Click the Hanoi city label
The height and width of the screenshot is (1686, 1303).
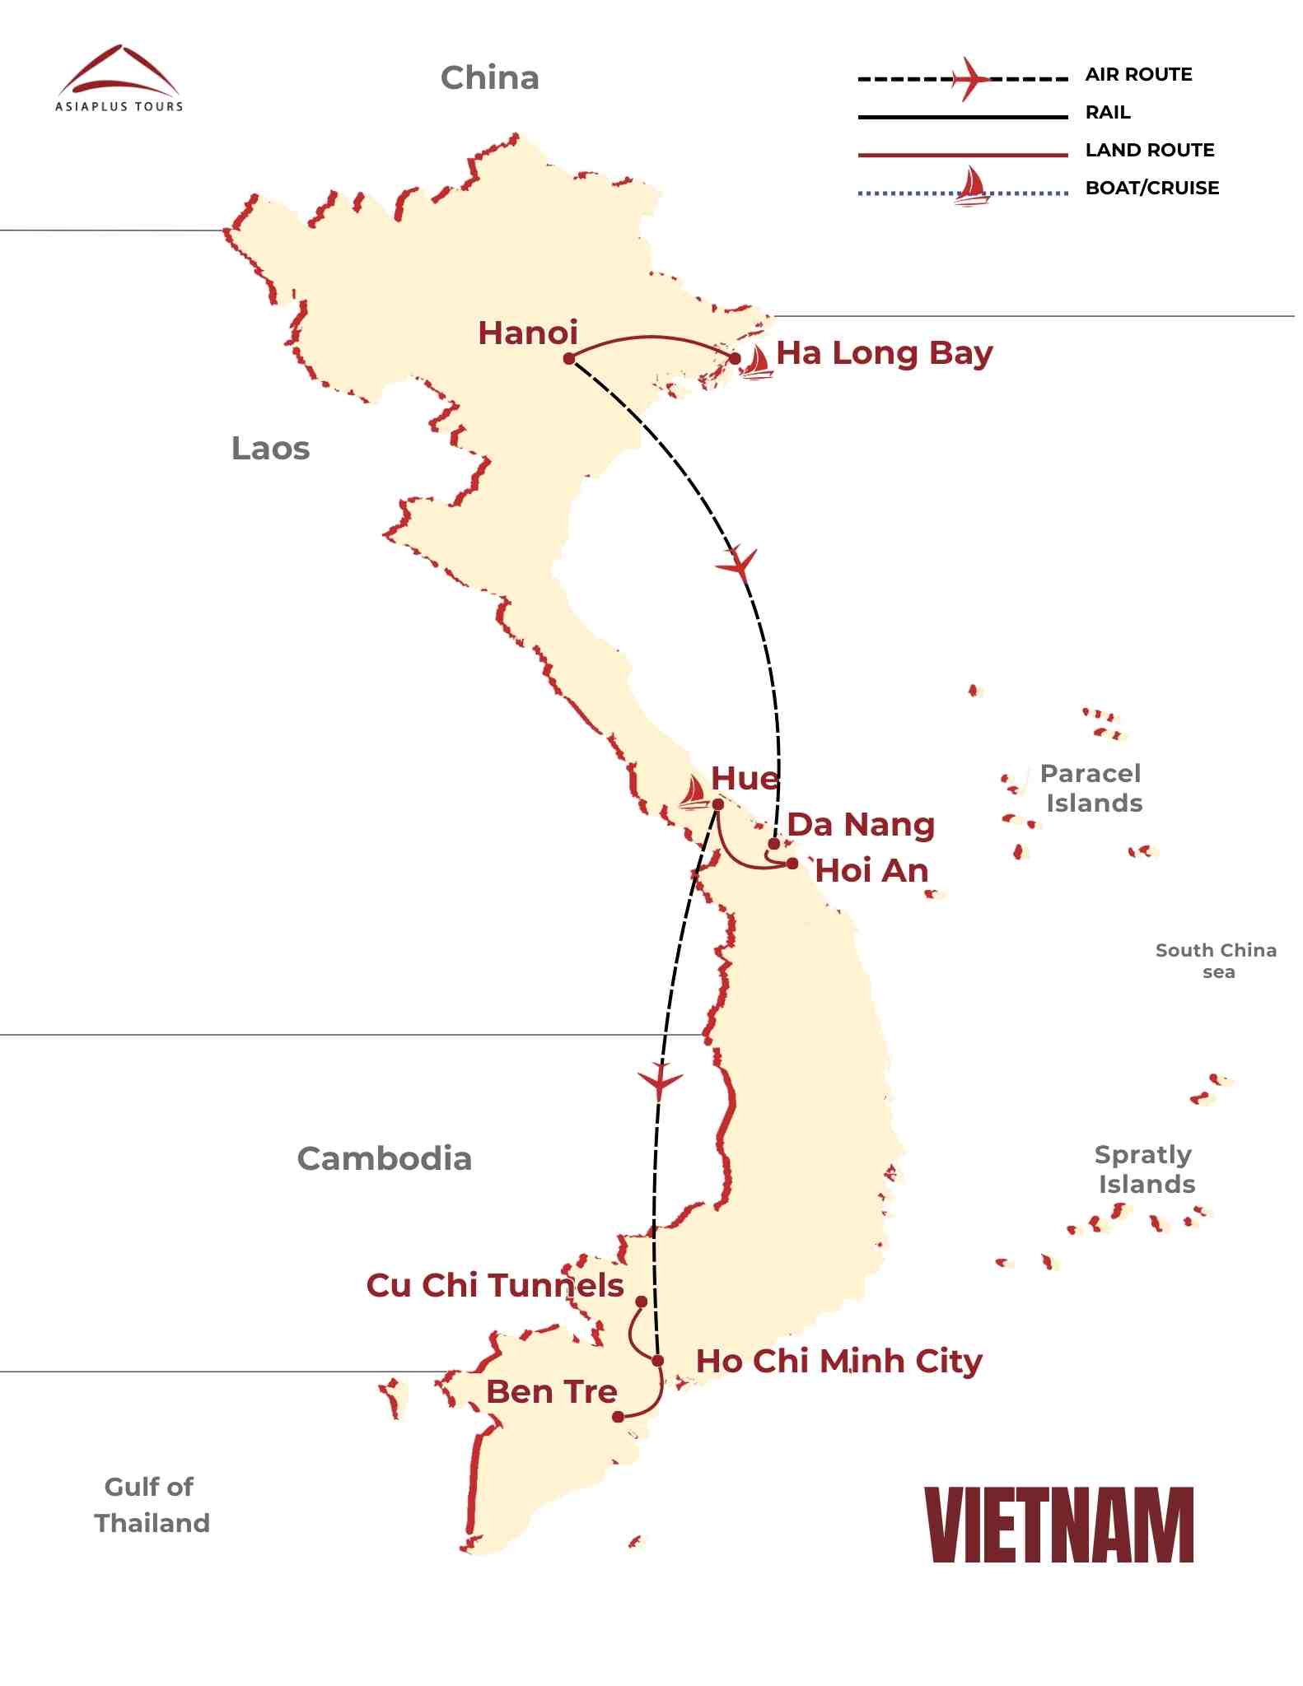click(528, 333)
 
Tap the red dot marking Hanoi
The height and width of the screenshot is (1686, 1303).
click(569, 358)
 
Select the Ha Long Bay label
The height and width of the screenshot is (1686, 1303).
click(885, 354)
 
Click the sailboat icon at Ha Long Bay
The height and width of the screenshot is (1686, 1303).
click(755, 362)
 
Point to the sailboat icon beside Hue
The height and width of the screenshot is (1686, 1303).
click(694, 793)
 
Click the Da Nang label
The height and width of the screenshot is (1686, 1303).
click(861, 825)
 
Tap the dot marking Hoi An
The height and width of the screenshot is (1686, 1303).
click(792, 864)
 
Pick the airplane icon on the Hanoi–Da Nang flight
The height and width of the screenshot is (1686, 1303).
click(737, 565)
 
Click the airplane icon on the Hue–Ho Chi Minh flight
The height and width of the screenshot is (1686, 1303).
click(660, 1079)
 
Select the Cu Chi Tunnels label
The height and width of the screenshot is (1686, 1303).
click(495, 1286)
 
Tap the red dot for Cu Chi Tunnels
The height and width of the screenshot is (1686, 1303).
click(641, 1302)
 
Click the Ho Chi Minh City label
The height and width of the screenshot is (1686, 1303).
click(838, 1362)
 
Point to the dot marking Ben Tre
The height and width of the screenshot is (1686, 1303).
click(618, 1417)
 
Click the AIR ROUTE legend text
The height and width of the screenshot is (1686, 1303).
click(1138, 75)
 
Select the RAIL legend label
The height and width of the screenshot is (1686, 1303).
click(1108, 113)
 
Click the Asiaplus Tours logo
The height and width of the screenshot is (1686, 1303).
click(119, 79)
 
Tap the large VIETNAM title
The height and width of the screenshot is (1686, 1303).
click(1059, 1525)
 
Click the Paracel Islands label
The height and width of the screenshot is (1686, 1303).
click(1091, 788)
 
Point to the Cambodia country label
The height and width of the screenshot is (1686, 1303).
click(384, 1159)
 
